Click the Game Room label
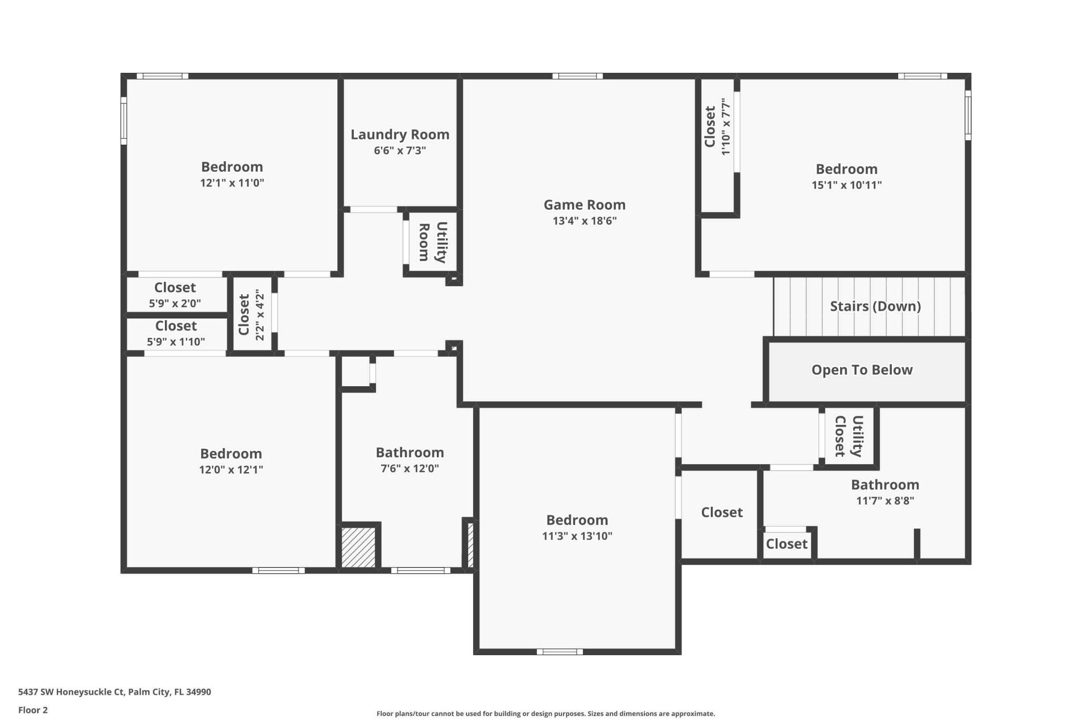coord(584,205)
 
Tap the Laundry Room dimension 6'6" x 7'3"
coord(400,151)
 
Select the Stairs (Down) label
coord(875,306)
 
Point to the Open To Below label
coord(862,370)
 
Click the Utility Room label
coord(432,242)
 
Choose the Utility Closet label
coord(848,436)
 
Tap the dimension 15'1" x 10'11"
coord(846,185)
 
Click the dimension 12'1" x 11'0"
coord(232,183)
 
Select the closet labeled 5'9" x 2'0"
coord(175,295)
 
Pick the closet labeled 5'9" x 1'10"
coord(176,333)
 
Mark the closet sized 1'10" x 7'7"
coord(717,127)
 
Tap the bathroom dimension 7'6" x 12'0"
coord(409,469)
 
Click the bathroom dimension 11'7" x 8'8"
coord(885,500)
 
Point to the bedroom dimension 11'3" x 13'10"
coord(577,536)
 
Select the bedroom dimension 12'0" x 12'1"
coord(231,470)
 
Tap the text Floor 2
coord(33,710)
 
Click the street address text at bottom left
coord(114,692)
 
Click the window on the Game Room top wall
coord(577,76)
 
